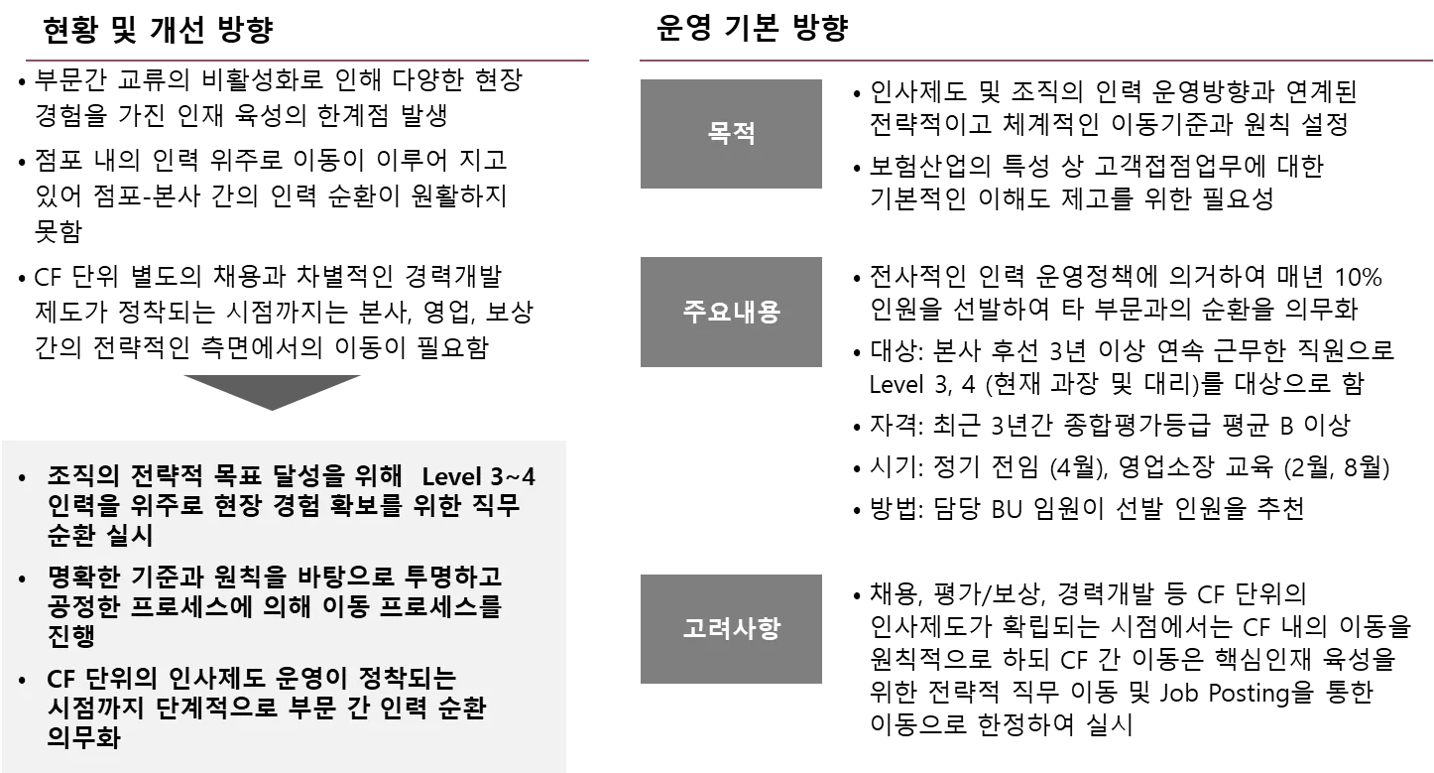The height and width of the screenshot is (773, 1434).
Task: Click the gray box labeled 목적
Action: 730,134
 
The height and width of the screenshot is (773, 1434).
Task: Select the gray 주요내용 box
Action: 730,313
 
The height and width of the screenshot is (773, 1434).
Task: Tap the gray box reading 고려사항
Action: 730,630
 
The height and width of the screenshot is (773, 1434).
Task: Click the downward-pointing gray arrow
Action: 274,392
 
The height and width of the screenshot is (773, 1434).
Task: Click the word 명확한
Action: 83,578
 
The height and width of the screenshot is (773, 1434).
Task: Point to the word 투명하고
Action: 454,578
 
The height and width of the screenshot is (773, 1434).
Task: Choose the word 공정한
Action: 83,607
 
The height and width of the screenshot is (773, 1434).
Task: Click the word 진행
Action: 71,636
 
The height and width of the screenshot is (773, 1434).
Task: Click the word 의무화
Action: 83,738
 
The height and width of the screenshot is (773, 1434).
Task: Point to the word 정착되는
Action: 407,681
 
